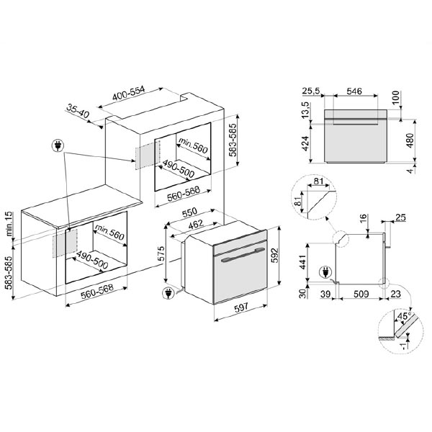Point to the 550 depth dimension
(x=190, y=214)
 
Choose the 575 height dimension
(x=162, y=253)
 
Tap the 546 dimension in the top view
(x=354, y=91)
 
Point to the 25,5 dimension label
(x=312, y=91)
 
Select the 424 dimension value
(x=305, y=144)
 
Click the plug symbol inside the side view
(x=325, y=271)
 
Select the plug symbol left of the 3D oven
(x=168, y=294)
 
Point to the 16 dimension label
(x=363, y=218)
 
